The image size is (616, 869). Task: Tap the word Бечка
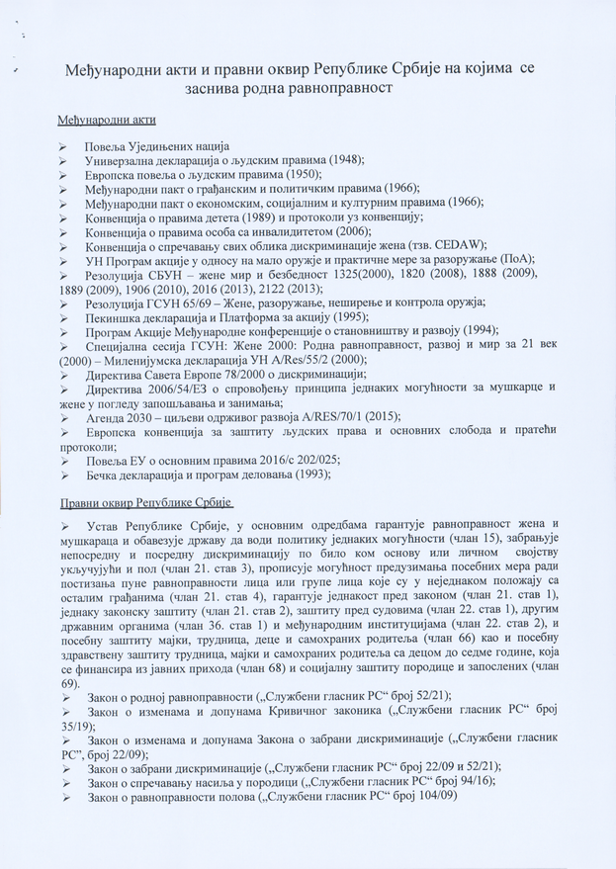(106, 475)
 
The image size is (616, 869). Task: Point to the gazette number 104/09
(431, 797)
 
